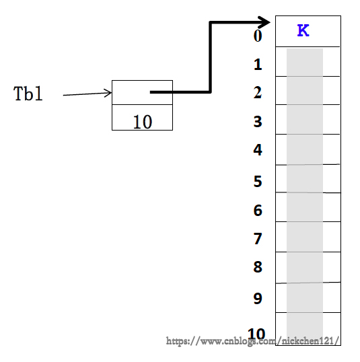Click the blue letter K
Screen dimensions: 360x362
pos(303,30)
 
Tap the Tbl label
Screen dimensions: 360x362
pos(28,94)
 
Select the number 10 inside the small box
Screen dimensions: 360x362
pos(143,122)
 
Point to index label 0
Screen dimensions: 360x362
pos(258,36)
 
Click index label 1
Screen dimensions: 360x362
pos(258,65)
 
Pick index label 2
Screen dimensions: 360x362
pos(258,93)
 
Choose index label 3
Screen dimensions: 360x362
pos(258,121)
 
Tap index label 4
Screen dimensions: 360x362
pos(258,150)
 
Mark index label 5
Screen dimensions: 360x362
pos(258,181)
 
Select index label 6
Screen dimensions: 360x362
pos(258,211)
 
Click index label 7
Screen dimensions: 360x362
pos(258,238)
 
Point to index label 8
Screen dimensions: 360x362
pos(258,267)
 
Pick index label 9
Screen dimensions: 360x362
pos(258,298)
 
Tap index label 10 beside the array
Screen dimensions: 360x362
pos(256,334)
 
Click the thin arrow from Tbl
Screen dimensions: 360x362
pos(87,94)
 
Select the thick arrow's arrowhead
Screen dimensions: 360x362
pos(264,22)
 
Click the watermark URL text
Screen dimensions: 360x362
pos(252,341)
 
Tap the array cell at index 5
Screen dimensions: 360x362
pos(308,178)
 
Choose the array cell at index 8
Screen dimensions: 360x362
pos(308,267)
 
